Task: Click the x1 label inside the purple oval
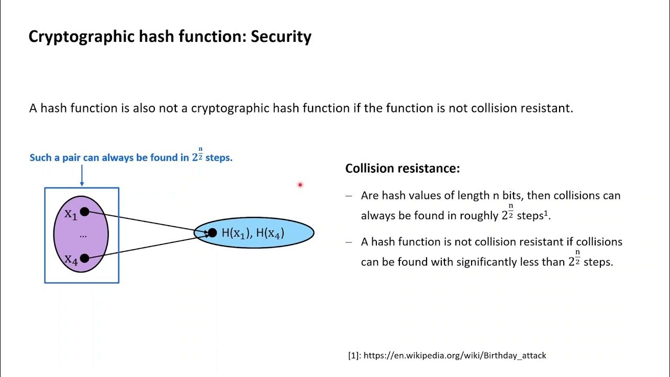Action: point(71,214)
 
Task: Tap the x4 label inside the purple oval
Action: point(71,259)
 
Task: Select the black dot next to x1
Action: point(85,212)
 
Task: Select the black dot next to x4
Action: point(85,257)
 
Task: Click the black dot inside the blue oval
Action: point(212,232)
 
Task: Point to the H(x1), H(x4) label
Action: point(253,233)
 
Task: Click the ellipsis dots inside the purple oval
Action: point(83,236)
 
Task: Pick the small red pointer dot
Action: point(300,184)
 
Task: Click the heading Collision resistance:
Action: point(403,169)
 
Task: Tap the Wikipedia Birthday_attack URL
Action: point(454,356)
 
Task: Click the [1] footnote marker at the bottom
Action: point(354,356)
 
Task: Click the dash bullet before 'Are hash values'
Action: point(349,196)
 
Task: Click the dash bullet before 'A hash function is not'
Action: point(349,242)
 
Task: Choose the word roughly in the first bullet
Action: point(479,216)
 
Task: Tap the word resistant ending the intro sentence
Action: point(548,108)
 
